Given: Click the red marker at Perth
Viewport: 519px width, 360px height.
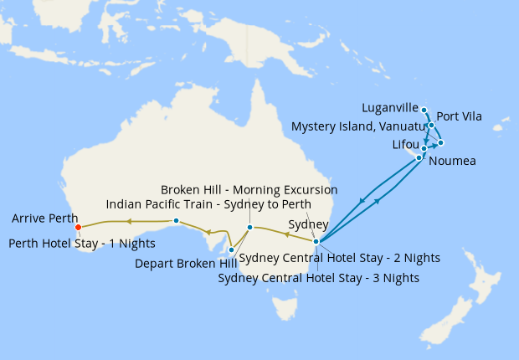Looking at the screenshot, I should point(78,227).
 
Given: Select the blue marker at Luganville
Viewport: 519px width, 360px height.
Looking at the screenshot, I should point(424,110).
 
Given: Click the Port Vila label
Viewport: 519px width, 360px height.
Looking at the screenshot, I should point(460,116).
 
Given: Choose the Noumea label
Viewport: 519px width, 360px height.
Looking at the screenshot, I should point(451,161).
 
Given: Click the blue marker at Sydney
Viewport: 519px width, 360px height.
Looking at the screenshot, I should point(316,242).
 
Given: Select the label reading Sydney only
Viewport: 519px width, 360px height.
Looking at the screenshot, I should point(303,224).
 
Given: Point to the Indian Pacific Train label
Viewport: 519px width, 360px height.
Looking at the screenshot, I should point(208,204).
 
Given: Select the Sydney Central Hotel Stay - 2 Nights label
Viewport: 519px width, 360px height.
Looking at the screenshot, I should point(339,258).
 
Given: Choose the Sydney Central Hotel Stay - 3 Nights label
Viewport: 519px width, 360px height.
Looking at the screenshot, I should point(318,277).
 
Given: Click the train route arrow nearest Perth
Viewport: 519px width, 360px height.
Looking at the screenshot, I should point(129,221).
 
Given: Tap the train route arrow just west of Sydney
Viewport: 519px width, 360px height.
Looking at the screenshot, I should point(288,235).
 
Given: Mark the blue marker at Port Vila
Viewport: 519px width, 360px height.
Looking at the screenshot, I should point(431,126).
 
